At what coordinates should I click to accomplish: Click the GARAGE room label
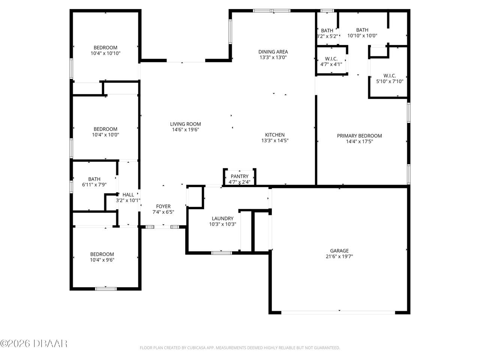[339, 251]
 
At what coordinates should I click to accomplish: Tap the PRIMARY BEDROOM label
[359, 136]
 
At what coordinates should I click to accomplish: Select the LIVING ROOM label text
[185, 124]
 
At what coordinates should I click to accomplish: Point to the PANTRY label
[240, 176]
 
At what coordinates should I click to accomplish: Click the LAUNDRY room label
[222, 219]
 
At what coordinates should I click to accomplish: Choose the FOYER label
[163, 206]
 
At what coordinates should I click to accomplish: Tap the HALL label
[128, 195]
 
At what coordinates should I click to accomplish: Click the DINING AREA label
[273, 52]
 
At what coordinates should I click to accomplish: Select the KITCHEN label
[275, 135]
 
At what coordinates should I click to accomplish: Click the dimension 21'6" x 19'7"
[339, 257]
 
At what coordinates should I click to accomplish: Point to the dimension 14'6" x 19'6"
[185, 130]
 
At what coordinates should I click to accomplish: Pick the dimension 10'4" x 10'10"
[105, 53]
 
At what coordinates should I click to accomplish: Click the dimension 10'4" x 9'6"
[102, 259]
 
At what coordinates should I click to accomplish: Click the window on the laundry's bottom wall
[222, 253]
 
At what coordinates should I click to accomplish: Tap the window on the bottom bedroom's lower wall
[106, 289]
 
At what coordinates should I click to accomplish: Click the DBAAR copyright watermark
[34, 343]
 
